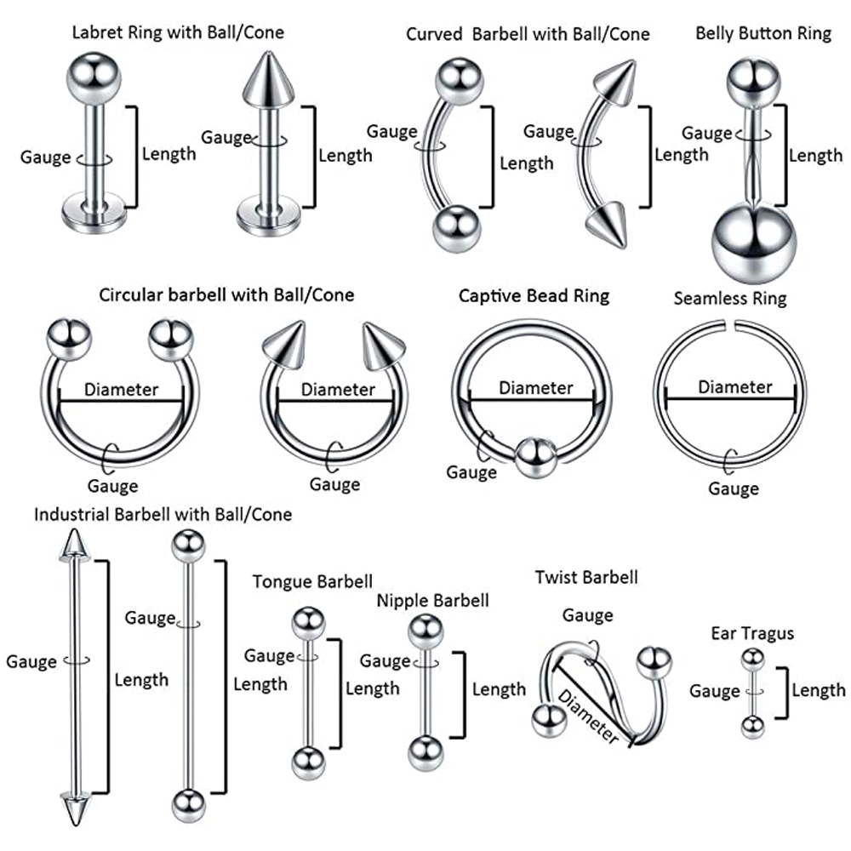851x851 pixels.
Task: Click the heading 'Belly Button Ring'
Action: click(763, 34)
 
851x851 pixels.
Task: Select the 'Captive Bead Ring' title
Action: click(534, 295)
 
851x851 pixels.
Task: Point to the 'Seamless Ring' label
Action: click(730, 299)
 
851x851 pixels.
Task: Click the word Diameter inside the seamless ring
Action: click(734, 387)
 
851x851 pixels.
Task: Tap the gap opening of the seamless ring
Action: click(730, 323)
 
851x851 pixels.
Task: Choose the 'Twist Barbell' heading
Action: click(586, 578)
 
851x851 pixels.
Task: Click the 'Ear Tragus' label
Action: click(752, 633)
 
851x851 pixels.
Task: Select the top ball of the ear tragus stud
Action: click(751, 659)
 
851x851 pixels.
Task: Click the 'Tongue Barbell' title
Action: click(312, 582)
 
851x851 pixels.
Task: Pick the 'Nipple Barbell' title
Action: click(433, 601)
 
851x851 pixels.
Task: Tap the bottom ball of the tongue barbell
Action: click(307, 762)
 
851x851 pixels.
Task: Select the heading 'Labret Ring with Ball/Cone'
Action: click(178, 33)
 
